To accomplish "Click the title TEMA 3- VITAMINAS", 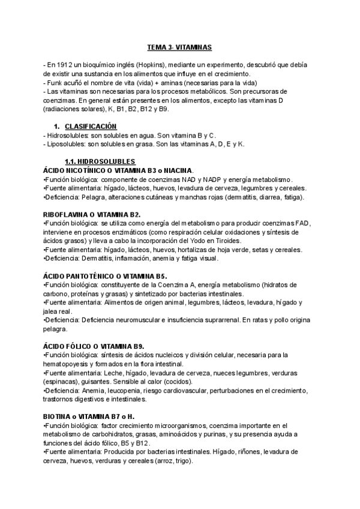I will [179, 47].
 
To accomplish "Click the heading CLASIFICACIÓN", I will [91, 127].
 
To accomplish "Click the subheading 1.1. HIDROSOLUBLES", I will [100, 161].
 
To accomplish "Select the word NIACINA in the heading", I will [200, 170].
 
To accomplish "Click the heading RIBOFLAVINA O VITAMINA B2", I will [92, 214].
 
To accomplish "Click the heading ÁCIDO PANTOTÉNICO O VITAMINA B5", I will [100, 276].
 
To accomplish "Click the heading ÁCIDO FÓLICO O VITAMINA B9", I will [94, 346].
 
